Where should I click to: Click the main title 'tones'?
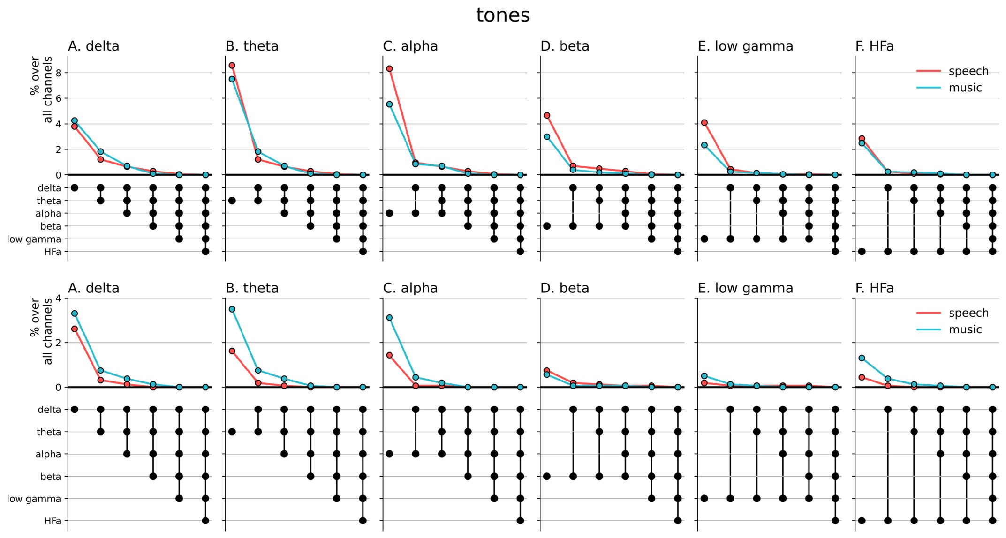coord(503,15)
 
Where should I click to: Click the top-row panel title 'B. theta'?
coord(252,46)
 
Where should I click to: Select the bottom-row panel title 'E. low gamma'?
coord(745,288)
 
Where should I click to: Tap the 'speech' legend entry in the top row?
coord(968,71)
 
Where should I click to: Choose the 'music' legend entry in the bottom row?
coord(965,329)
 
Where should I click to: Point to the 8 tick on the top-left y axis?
coord(59,73)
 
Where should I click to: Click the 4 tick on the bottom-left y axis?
coord(59,299)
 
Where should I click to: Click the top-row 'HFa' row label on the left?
coord(53,252)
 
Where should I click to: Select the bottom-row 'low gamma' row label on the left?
coord(34,499)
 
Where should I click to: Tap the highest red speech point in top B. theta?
coord(232,66)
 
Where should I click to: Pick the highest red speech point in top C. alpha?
coord(389,69)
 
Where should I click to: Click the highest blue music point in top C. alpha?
coord(389,105)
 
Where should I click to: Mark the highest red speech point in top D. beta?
coord(547,115)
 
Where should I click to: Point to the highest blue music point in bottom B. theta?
coord(232,309)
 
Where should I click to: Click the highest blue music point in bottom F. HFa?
coord(862,358)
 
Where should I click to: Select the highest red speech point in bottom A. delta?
coord(75,329)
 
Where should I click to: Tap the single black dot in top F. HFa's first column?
coord(862,252)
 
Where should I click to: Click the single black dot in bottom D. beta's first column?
coord(547,477)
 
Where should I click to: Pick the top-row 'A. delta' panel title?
coord(94,46)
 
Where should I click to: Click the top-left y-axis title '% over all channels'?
coord(41,89)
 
